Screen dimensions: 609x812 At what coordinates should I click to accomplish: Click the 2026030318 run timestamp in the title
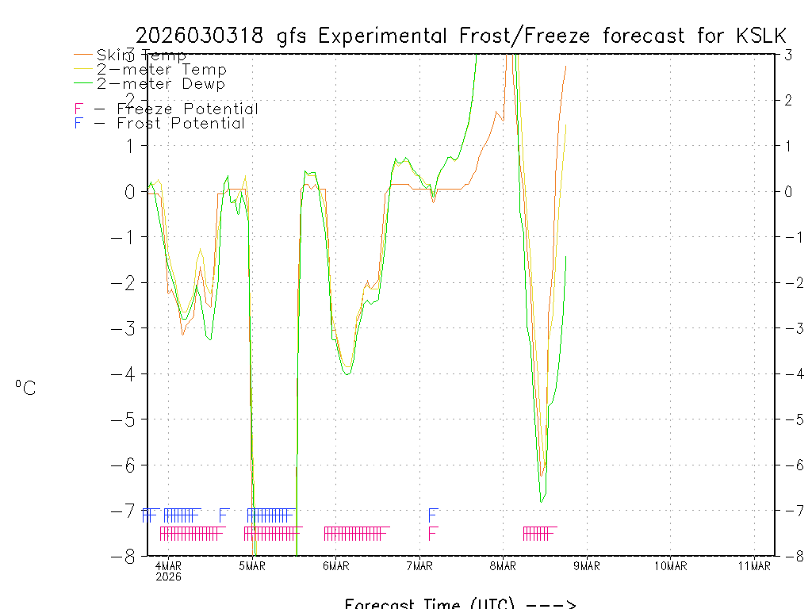[204, 36]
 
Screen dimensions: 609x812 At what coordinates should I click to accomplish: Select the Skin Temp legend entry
[141, 56]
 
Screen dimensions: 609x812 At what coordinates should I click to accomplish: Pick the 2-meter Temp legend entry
[161, 70]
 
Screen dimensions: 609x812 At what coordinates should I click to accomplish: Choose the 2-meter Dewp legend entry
[160, 84]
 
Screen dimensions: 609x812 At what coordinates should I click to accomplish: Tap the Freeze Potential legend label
[187, 109]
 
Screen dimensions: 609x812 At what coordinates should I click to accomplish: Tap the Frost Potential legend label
[180, 124]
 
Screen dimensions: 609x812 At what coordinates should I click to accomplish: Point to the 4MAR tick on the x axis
[168, 565]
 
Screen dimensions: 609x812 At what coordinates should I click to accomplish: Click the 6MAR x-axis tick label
[335, 565]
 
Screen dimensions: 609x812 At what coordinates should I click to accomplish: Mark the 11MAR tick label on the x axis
[754, 565]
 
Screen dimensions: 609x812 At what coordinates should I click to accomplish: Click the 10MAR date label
[670, 565]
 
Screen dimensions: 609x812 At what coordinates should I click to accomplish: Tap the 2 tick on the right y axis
[788, 100]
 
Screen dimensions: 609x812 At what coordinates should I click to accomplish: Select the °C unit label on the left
[25, 388]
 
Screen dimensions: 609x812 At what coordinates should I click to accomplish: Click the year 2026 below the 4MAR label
[168, 576]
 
